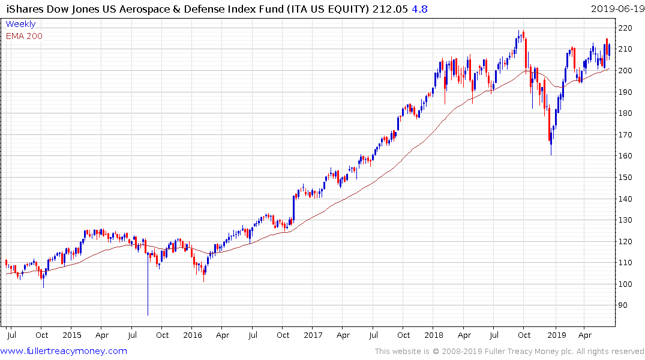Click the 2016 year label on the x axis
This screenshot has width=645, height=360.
pyautogui.click(x=192, y=335)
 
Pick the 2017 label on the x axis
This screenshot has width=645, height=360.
pyautogui.click(x=313, y=335)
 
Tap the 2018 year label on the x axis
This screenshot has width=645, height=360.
pyautogui.click(x=434, y=335)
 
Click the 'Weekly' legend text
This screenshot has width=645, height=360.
pyautogui.click(x=20, y=24)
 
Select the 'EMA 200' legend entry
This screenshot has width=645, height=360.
pyautogui.click(x=24, y=36)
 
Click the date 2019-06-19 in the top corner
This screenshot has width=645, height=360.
pyautogui.click(x=617, y=8)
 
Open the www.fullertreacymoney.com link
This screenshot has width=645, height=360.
pyautogui.click(x=64, y=351)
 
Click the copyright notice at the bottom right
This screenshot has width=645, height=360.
pyautogui.click(x=509, y=352)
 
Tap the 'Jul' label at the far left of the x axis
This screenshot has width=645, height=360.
pyautogui.click(x=11, y=335)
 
